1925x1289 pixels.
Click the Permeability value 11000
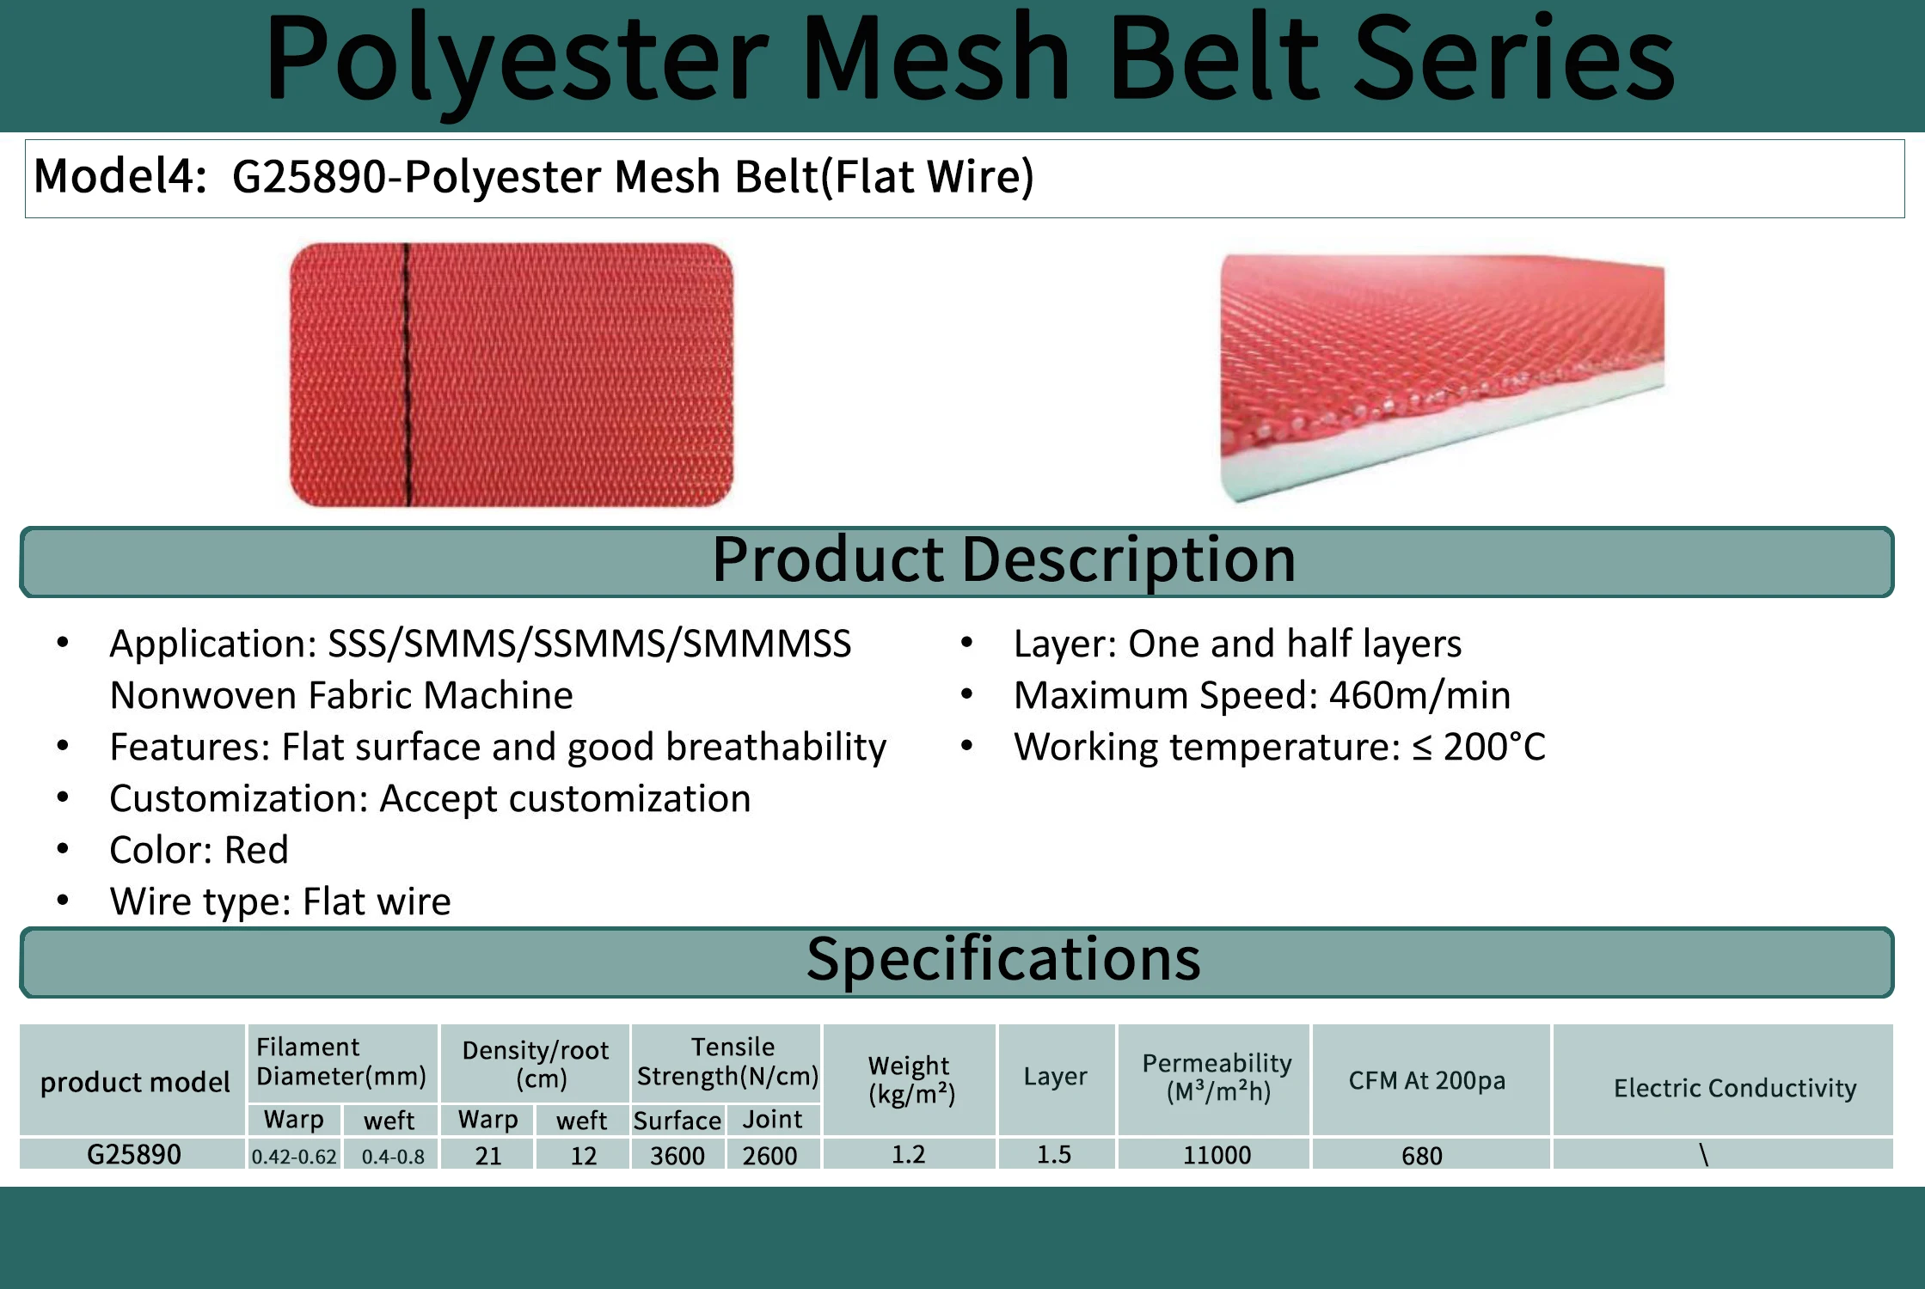click(x=1217, y=1155)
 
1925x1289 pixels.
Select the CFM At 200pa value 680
click(x=1421, y=1156)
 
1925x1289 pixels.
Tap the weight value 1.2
click(x=908, y=1154)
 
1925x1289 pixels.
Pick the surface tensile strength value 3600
click(x=677, y=1156)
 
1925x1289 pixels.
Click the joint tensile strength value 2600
click(x=769, y=1156)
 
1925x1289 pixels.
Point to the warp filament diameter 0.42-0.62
click(x=293, y=1157)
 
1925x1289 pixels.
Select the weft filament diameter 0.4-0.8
click(x=393, y=1157)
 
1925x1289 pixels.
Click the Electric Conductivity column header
click(x=1734, y=1088)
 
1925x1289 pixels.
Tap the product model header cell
click(x=135, y=1082)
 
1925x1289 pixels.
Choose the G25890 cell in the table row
click(x=133, y=1154)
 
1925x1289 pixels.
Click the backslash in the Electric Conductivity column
click(x=1703, y=1154)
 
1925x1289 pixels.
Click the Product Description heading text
click(x=1003, y=559)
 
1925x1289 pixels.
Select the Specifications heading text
click(x=1002, y=959)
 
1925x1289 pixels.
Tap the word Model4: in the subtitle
click(x=120, y=176)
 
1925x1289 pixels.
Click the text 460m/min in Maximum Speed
click(x=1419, y=695)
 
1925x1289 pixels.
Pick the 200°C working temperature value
click(x=1493, y=747)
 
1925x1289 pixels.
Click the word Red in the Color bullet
click(x=255, y=850)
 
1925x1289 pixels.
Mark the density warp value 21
click(x=487, y=1156)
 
